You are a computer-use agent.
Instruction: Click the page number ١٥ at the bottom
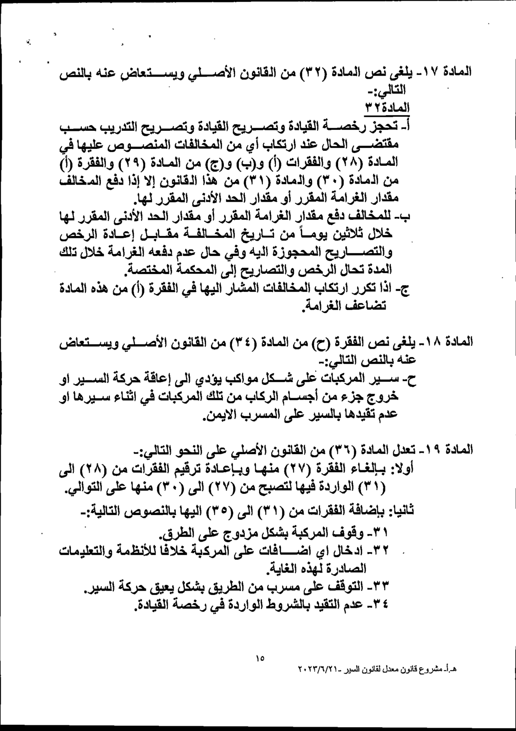(x=259, y=659)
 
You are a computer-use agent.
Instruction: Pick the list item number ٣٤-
(x=380, y=605)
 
